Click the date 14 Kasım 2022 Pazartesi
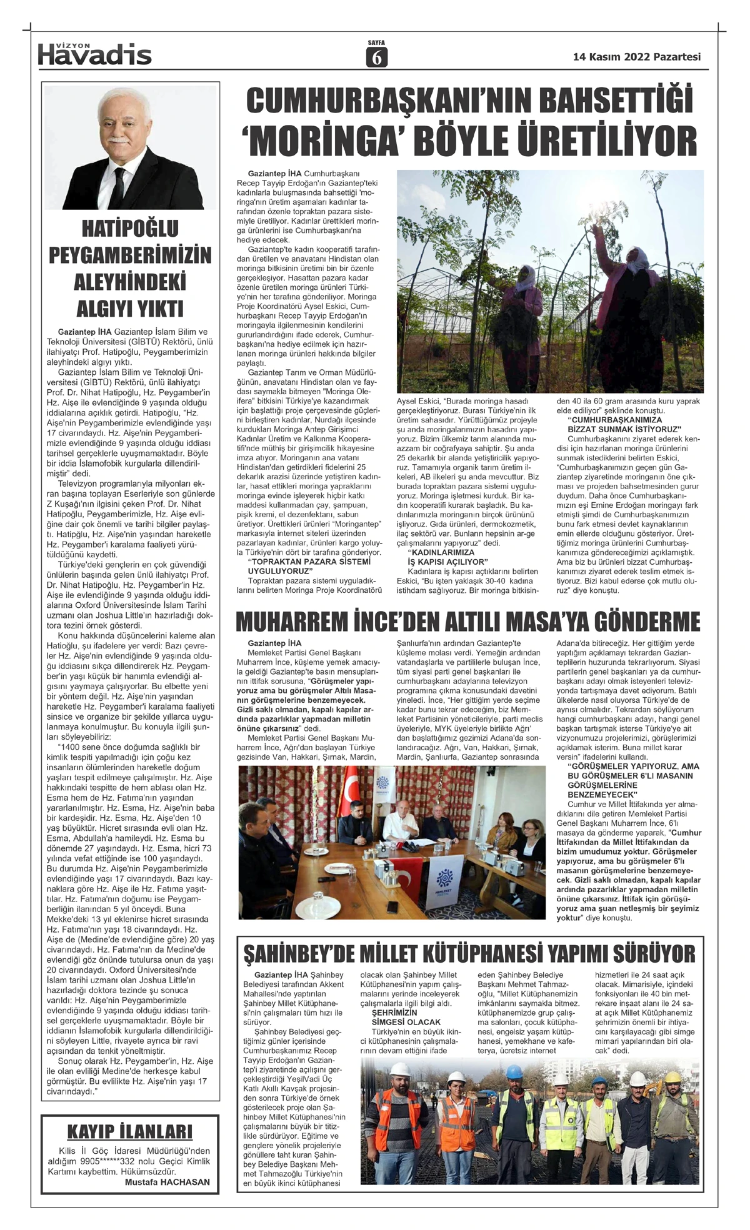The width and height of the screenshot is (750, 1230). click(x=637, y=57)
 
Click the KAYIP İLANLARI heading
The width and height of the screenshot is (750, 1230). click(x=130, y=1131)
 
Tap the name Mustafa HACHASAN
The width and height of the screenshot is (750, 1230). click(x=167, y=1182)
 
